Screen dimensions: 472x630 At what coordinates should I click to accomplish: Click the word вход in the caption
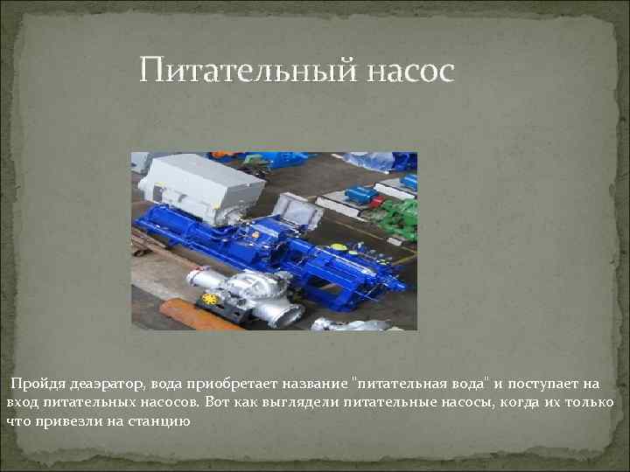(x=19, y=402)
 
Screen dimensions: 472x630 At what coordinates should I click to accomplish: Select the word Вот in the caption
(x=220, y=402)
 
